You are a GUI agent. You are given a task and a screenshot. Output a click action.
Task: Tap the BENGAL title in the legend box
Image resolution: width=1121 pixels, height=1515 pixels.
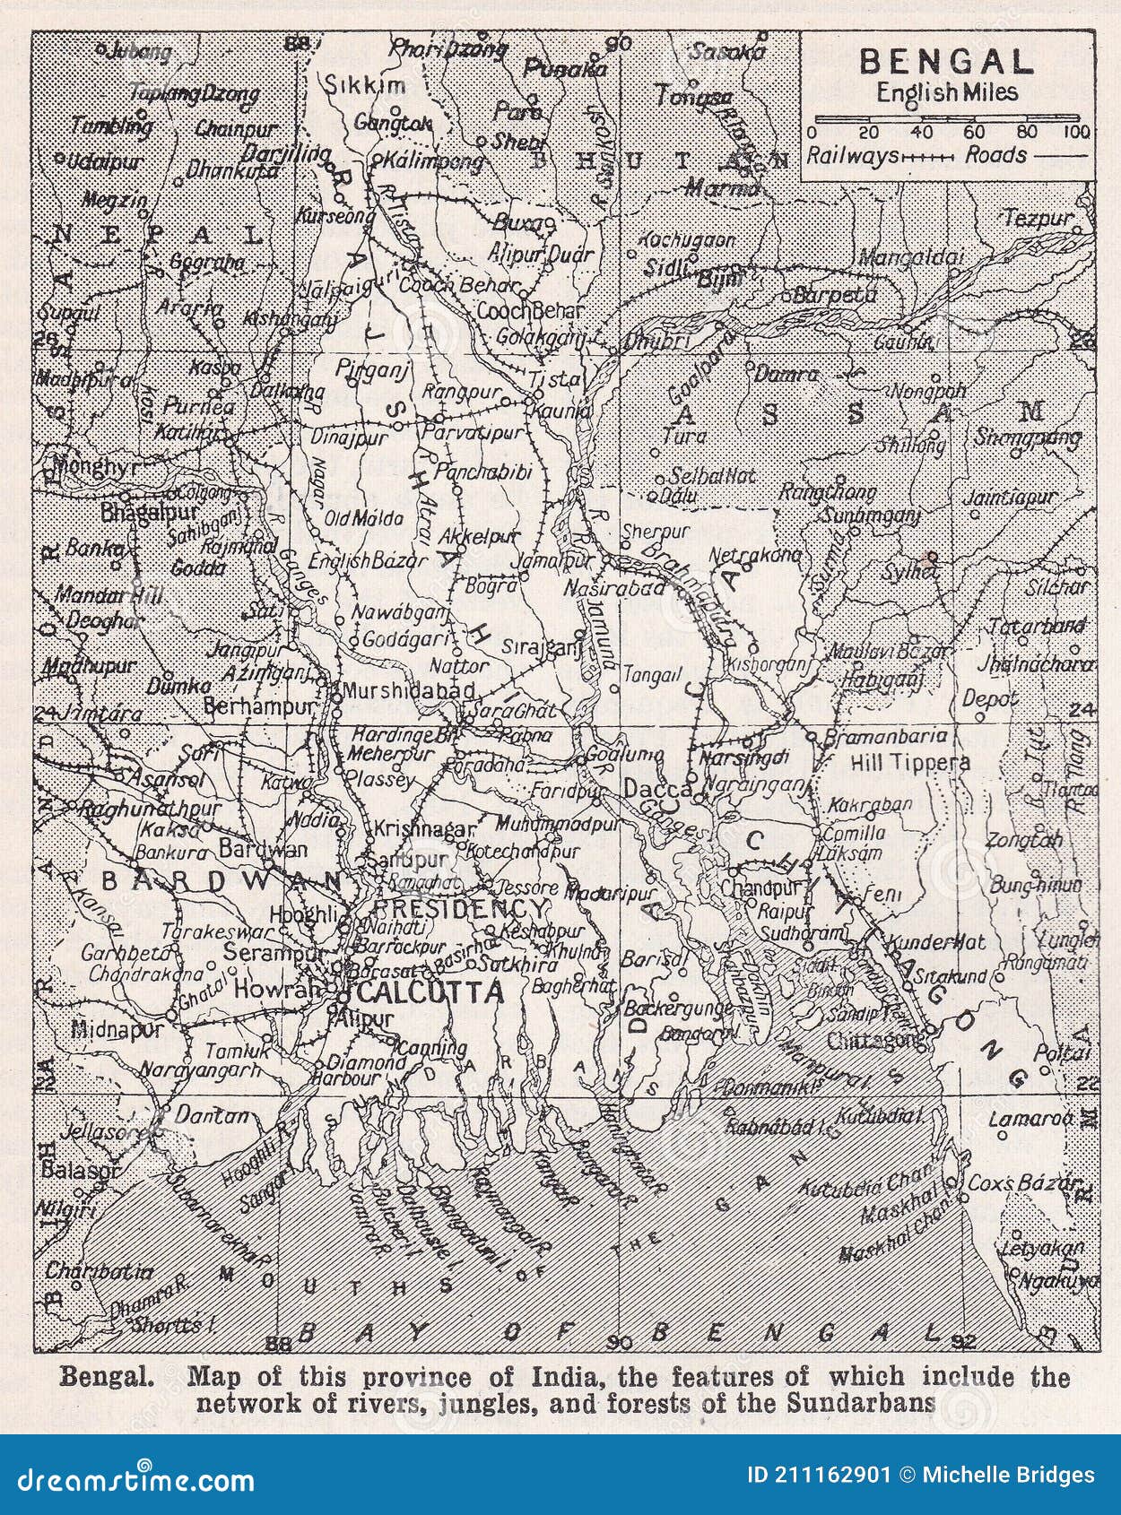(947, 62)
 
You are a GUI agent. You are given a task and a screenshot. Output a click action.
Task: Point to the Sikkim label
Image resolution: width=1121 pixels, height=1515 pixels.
(364, 87)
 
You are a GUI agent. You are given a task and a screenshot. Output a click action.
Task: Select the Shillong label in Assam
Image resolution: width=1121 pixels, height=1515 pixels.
(911, 444)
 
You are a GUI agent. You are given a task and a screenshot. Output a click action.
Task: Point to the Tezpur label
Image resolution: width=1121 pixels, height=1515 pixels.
(1038, 218)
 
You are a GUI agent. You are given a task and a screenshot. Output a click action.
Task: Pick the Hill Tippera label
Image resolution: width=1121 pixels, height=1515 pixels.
(909, 762)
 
